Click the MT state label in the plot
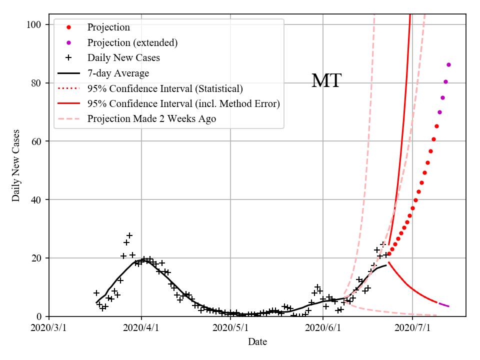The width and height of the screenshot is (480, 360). click(326, 81)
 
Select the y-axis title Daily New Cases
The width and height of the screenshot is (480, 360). click(16, 165)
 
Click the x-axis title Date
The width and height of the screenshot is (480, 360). click(257, 342)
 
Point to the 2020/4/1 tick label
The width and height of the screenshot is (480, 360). click(141, 328)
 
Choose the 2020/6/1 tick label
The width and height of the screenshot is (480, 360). click(323, 328)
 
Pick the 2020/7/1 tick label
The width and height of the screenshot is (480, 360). click(412, 328)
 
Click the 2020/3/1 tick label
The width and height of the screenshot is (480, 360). click(49, 328)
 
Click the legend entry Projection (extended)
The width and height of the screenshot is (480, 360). click(132, 42)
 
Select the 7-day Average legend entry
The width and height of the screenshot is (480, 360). click(118, 73)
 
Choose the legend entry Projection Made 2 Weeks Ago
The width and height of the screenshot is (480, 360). click(151, 119)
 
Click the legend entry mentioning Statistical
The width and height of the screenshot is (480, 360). click(165, 88)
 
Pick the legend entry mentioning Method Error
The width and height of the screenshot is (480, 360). click(183, 104)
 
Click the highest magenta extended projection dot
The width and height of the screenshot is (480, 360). click(448, 64)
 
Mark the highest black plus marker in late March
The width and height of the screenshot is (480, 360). click(129, 235)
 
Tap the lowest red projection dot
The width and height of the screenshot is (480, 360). click(389, 254)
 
